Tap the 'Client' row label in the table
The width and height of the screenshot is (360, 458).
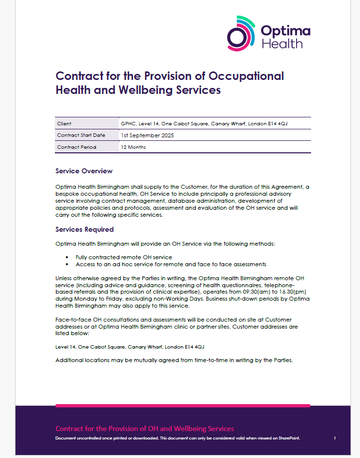pos(64,123)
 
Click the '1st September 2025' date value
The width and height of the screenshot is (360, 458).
pos(147,135)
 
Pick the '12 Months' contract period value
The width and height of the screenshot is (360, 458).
pos(133,147)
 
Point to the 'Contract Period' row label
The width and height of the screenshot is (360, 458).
pos(76,147)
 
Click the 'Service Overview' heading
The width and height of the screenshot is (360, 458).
pos(84,171)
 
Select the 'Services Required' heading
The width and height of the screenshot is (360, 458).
pos(84,229)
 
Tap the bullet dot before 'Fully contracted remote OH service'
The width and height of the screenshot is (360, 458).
pos(66,257)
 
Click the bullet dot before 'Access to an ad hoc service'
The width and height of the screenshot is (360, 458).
pos(66,264)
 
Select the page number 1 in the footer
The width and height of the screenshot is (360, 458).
pos(335,438)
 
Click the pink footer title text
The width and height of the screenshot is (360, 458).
pos(144,429)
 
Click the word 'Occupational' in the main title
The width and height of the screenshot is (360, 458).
pos(245,76)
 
